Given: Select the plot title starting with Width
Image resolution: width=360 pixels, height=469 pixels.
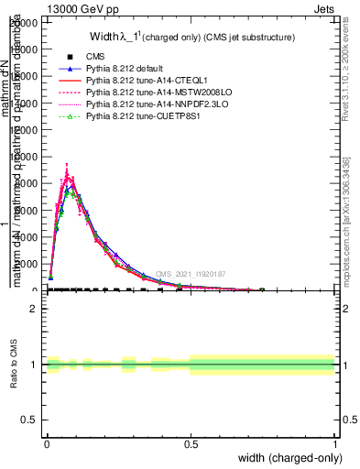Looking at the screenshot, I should pos(191,38).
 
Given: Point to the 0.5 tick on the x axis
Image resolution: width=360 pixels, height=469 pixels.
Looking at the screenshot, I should pos(191,444).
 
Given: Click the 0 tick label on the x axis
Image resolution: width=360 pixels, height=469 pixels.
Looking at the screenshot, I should pos(47,444).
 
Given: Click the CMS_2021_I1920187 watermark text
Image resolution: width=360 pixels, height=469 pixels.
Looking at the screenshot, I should pos(190,274).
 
